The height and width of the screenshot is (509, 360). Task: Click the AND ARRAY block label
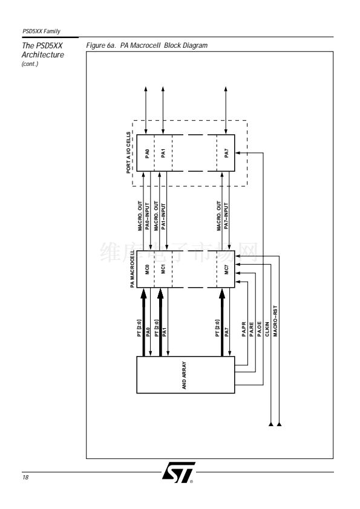tap(184, 375)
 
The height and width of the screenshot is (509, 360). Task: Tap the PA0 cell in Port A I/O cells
tap(146, 153)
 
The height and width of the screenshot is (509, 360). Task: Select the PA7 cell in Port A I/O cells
tap(226, 153)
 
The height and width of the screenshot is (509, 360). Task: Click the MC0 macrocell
tap(146, 269)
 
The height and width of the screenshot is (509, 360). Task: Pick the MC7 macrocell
tap(226, 269)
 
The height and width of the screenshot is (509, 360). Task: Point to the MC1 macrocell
tap(163, 269)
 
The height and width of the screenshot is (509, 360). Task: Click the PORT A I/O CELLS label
tap(128, 152)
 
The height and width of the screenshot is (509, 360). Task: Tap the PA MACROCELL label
tap(133, 269)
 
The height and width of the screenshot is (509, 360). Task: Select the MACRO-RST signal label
tap(275, 321)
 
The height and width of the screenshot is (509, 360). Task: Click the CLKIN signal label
tap(267, 329)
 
